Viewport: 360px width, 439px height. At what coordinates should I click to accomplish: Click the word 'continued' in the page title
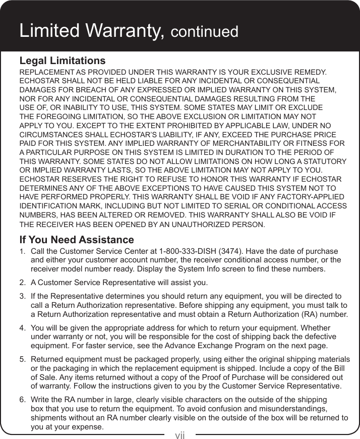pyautogui.click(x=204, y=32)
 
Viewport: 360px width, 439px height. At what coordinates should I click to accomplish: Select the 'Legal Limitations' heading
pyautogui.click(x=62, y=61)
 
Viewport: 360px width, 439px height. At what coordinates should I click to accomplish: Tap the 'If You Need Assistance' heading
pyautogui.click(x=76, y=239)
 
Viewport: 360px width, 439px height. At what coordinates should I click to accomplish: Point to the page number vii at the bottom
pyautogui.click(x=180, y=434)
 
